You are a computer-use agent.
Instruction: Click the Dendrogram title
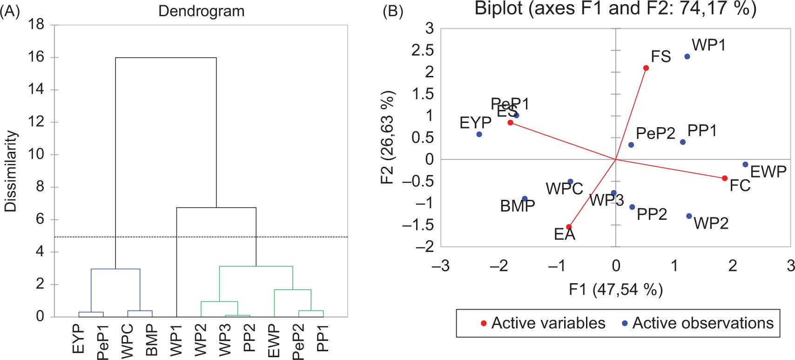pyautogui.click(x=201, y=11)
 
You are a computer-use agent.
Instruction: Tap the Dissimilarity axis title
pyautogui.click(x=11, y=171)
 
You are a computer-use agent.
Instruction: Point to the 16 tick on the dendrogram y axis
pyautogui.click(x=37, y=58)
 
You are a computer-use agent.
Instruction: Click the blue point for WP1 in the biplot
pyautogui.click(x=687, y=56)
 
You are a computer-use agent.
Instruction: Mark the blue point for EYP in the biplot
pyautogui.click(x=479, y=134)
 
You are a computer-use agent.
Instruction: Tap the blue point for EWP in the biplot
pyautogui.click(x=745, y=164)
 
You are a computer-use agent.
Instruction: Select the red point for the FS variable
pyautogui.click(x=646, y=68)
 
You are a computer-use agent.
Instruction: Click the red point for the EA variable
pyautogui.click(x=568, y=227)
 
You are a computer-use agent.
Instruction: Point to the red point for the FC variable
pyautogui.click(x=725, y=178)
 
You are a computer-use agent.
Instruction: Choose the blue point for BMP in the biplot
pyautogui.click(x=525, y=198)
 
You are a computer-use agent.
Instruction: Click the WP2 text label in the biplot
pyautogui.click(x=711, y=224)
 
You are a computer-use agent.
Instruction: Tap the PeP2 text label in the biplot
pyautogui.click(x=655, y=134)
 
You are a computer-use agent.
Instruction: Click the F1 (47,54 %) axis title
pyautogui.click(x=615, y=290)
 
